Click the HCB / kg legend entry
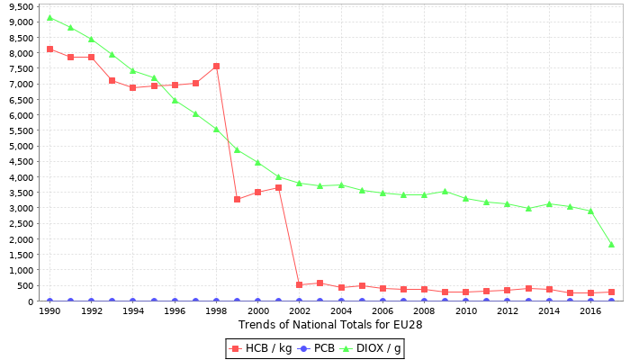pos(262,347)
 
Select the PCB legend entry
pos(317,347)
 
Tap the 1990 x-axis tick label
pos(49,311)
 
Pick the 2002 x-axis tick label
pos(299,311)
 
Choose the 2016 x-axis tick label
pos(590,311)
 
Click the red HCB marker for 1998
pos(216,66)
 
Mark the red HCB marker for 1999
pos(237,199)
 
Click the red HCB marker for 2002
pos(299,285)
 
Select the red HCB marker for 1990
pos(49,49)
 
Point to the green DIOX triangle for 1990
pos(49,17)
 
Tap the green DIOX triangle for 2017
pos(611,245)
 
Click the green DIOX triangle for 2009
pos(445,191)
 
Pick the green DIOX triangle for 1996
pos(175,100)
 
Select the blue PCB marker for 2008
pos(424,301)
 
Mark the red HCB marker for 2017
pos(611,292)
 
